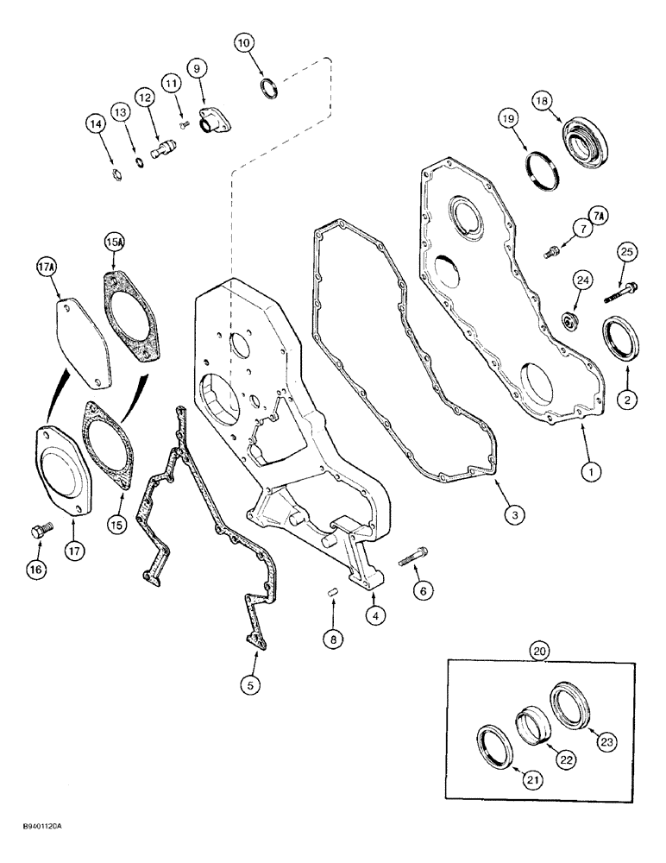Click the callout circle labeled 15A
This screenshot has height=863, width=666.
115,243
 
